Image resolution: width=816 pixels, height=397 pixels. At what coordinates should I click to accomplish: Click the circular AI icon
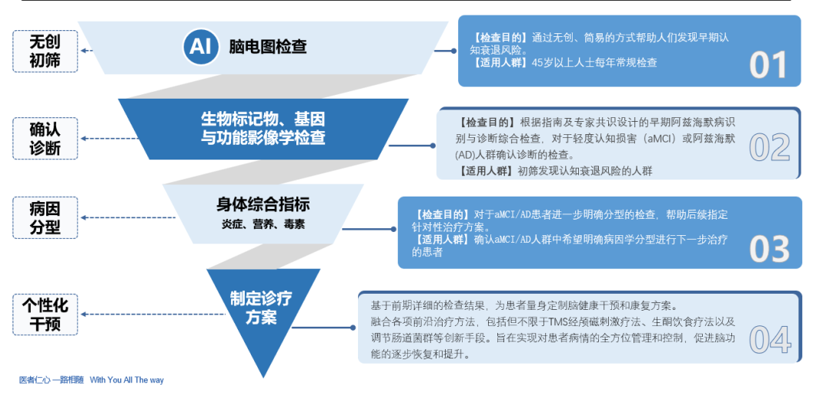pyautogui.click(x=200, y=47)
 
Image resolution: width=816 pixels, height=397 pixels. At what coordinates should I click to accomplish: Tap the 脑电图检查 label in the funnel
pyautogui.click(x=268, y=47)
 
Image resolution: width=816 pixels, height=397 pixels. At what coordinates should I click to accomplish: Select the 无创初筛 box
pyautogui.click(x=45, y=51)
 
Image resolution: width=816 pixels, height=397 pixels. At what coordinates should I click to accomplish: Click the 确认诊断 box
pyautogui.click(x=45, y=139)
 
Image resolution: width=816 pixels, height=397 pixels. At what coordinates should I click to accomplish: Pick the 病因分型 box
pyautogui.click(x=45, y=217)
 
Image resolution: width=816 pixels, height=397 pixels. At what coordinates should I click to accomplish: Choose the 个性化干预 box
pyautogui.click(x=45, y=315)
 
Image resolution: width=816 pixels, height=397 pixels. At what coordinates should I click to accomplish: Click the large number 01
pyautogui.click(x=768, y=66)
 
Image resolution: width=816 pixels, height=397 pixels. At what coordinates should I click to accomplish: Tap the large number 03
pyautogui.click(x=769, y=249)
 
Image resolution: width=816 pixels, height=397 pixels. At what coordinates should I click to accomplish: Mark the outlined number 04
pyautogui.click(x=770, y=339)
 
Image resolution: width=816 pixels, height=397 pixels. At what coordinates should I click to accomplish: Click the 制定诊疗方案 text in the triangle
pyautogui.click(x=261, y=308)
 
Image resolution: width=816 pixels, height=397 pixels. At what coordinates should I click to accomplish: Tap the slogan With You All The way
pyautogui.click(x=127, y=380)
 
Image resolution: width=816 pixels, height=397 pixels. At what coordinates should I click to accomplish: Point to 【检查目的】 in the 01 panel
pyautogui.click(x=500, y=37)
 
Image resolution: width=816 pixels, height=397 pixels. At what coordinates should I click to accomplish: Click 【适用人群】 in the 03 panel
pyautogui.click(x=440, y=240)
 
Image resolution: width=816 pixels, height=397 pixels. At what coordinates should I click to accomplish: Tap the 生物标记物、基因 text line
pyautogui.click(x=263, y=119)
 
